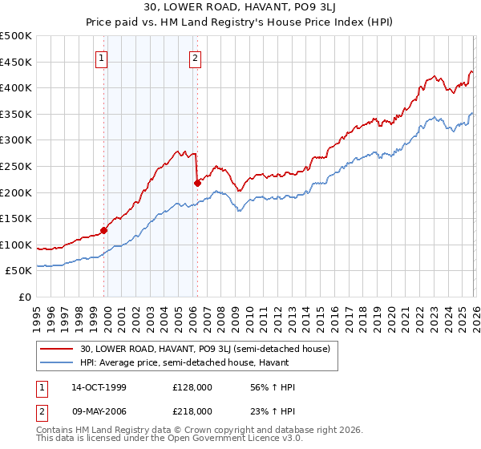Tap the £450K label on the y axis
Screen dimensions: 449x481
tap(16, 63)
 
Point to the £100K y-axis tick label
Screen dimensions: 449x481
tap(16, 245)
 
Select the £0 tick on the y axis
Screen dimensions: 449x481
tap(25, 297)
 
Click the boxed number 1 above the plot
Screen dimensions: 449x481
tap(103, 58)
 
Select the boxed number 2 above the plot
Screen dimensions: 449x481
tap(196, 58)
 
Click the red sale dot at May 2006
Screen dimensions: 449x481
tap(197, 183)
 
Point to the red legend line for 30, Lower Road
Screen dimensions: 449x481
tap(57, 349)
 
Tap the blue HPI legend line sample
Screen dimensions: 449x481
tap(57, 363)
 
